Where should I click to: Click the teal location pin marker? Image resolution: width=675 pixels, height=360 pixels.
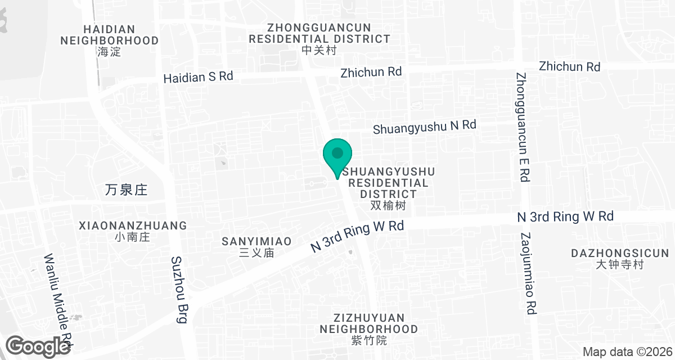[x=337, y=156]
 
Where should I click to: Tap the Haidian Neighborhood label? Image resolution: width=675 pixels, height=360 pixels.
[x=109, y=35]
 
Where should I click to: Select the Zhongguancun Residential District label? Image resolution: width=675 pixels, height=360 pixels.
[x=319, y=33]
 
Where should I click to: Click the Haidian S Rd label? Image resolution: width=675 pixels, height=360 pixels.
[x=198, y=77]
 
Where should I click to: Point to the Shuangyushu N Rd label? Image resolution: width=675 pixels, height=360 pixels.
[x=425, y=127]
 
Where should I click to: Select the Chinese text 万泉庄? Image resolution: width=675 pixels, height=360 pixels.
[x=126, y=190]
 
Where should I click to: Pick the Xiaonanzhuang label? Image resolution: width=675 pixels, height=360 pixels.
[x=133, y=226]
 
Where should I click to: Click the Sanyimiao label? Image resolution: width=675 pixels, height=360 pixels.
[x=256, y=241]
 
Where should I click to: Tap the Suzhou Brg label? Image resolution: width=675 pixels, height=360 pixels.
[x=178, y=290]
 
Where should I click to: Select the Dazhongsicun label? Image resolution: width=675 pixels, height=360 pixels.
[x=620, y=253]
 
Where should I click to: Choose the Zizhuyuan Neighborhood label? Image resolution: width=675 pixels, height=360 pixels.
[x=368, y=323]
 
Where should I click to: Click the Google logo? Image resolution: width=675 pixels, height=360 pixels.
[x=38, y=346]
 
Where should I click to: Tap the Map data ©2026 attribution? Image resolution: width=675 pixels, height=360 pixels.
[x=626, y=352]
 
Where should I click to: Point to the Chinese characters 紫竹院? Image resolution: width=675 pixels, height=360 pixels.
[x=368, y=340]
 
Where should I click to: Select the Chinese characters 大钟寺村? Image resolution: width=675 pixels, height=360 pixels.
[x=620, y=264]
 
